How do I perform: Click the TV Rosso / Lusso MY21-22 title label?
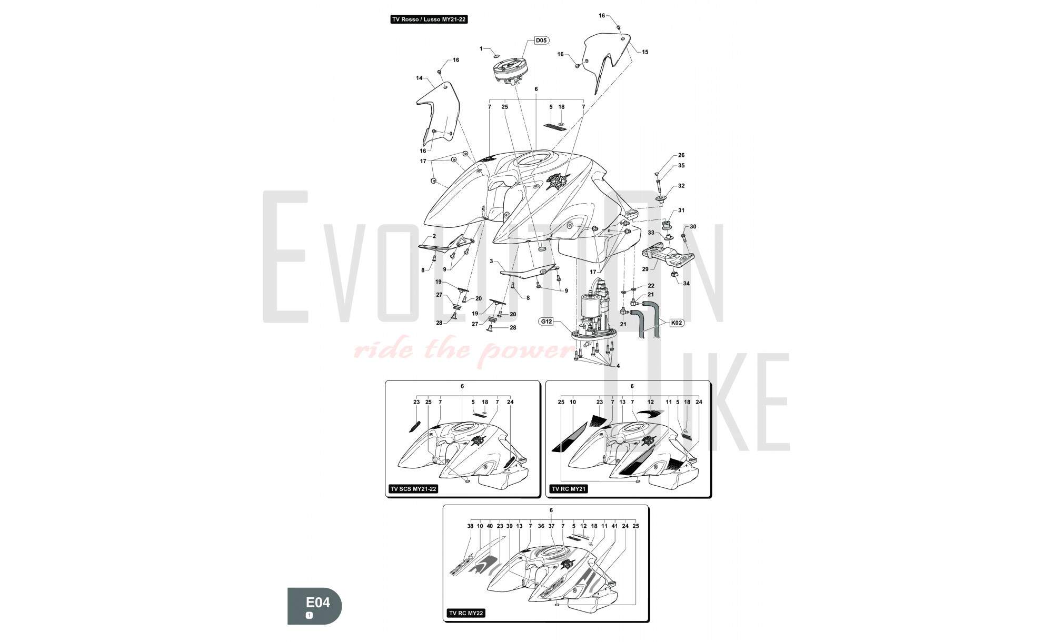tap(429, 19)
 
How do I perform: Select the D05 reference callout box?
tap(541, 40)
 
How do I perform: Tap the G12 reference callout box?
tap(546, 321)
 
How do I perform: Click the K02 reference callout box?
tap(677, 323)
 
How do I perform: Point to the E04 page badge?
tap(314, 606)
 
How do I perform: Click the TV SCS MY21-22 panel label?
tap(413, 489)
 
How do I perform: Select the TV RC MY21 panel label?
tap(569, 489)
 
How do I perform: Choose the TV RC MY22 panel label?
tap(466, 613)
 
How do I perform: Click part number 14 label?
tap(419, 78)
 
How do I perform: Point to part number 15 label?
tap(645, 52)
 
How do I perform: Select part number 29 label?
tap(645, 269)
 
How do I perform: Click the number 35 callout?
tap(681, 166)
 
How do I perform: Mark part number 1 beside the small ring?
tap(481, 49)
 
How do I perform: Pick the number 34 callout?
tap(686, 284)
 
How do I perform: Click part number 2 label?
tap(434, 236)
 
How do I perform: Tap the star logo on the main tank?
tap(557, 182)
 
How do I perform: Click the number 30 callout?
tap(693, 227)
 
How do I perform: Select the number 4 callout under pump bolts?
tap(618, 366)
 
